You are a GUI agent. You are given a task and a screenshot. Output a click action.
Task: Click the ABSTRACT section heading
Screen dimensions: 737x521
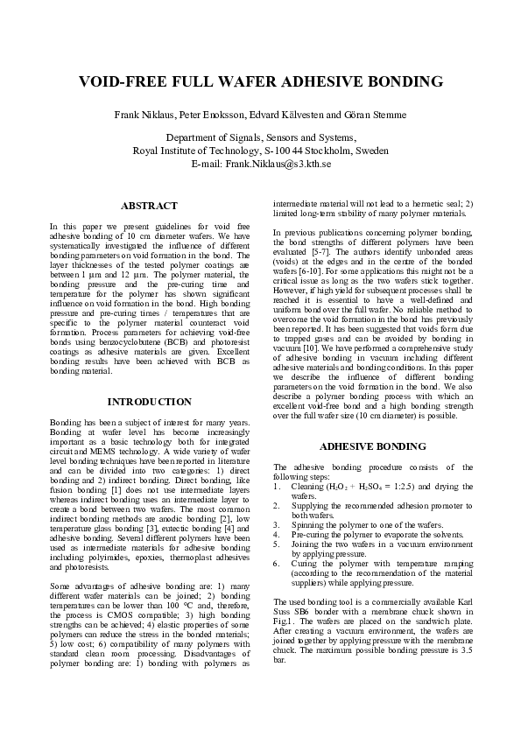(x=149, y=206)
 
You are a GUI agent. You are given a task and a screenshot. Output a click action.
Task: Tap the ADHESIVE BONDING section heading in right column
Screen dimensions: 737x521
(x=373, y=446)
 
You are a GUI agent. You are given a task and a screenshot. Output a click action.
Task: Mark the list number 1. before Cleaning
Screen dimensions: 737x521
(x=278, y=486)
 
